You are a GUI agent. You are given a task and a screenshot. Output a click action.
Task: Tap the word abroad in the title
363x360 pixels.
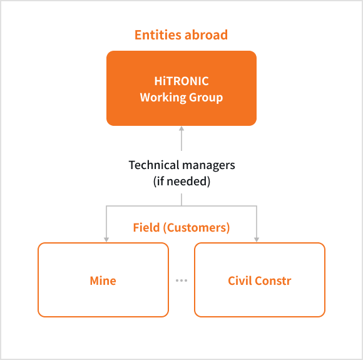pyautogui.click(x=206, y=35)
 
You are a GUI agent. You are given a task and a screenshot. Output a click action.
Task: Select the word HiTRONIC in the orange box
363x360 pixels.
pyautogui.click(x=181, y=81)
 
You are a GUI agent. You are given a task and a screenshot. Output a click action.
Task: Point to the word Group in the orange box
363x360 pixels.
pyautogui.click(x=206, y=97)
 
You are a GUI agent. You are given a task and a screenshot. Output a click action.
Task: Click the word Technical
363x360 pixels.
pyautogui.click(x=154, y=165)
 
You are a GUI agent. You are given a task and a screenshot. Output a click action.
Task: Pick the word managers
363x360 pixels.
pyautogui.click(x=208, y=165)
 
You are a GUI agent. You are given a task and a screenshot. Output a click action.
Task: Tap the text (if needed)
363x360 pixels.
pyautogui.click(x=181, y=181)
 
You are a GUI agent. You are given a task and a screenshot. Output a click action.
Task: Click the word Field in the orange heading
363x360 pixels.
pyautogui.click(x=146, y=227)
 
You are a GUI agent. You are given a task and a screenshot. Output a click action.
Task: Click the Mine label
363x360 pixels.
pyautogui.click(x=103, y=280)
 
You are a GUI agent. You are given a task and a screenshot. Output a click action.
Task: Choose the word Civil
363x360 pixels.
pyautogui.click(x=240, y=280)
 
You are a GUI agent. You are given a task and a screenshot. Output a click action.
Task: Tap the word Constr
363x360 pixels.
pyautogui.click(x=274, y=280)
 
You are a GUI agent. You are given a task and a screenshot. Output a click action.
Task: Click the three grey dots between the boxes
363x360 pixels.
pyautogui.click(x=181, y=280)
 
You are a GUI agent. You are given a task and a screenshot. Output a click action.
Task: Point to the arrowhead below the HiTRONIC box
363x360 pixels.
pyautogui.click(x=181, y=128)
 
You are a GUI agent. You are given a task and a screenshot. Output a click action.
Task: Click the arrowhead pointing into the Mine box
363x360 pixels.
pyautogui.click(x=106, y=240)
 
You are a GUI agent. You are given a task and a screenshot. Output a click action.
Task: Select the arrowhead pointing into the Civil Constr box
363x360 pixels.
pyautogui.click(x=257, y=240)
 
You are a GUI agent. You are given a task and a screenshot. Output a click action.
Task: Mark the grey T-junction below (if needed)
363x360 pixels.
pyautogui.click(x=181, y=206)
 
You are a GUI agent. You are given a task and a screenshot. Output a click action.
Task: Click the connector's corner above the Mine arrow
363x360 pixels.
pyautogui.click(x=106, y=206)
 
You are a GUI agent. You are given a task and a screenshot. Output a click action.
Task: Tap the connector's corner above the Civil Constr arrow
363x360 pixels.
pyautogui.click(x=257, y=206)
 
